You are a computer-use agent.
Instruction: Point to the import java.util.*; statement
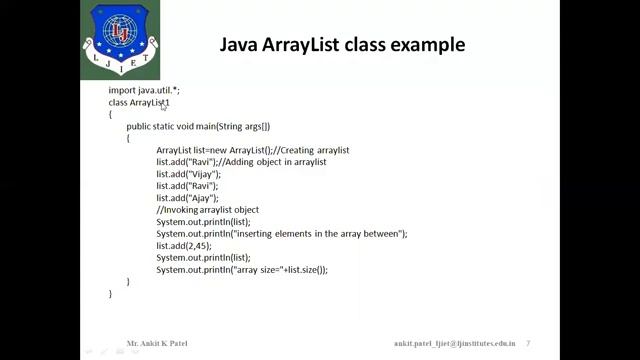(x=144, y=90)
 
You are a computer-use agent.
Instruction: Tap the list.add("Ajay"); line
(x=187, y=198)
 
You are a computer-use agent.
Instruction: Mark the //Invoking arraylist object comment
(x=207, y=210)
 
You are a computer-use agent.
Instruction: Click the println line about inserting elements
(x=281, y=234)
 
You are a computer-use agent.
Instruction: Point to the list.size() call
(x=305, y=270)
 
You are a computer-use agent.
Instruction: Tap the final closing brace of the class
(x=111, y=294)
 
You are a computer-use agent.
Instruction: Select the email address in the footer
(x=454, y=342)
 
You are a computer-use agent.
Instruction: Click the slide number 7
(x=528, y=342)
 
